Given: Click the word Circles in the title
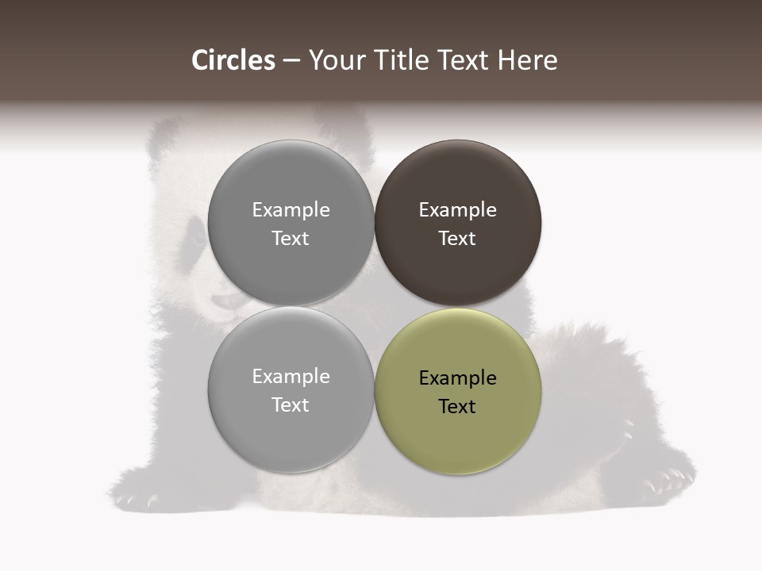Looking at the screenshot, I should (233, 60).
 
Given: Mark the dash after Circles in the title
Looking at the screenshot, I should (291, 61).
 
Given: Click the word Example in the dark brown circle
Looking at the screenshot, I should (457, 210).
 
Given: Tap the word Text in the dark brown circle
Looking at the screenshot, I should (457, 239).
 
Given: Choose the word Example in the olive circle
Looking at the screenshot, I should (457, 378).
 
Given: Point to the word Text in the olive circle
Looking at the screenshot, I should (457, 407).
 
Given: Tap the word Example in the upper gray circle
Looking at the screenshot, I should (291, 210).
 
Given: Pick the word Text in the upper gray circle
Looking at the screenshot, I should (291, 239).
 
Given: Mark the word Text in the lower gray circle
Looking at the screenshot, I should (291, 405).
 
